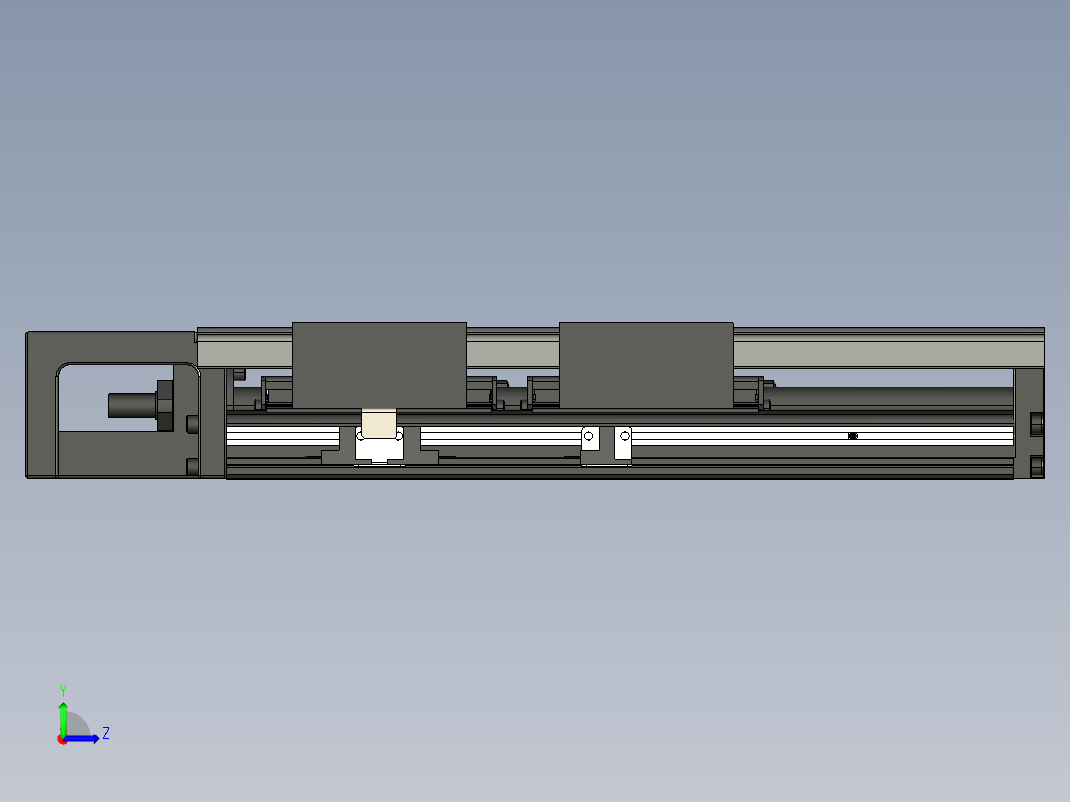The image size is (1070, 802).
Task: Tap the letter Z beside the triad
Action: (105, 734)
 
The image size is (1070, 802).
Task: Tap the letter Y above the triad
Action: (63, 689)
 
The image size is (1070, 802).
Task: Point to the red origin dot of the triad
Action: (63, 739)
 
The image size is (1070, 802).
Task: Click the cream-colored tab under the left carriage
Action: (378, 423)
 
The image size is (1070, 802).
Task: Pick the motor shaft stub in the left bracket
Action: (129, 405)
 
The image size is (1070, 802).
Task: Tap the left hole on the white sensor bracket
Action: (589, 436)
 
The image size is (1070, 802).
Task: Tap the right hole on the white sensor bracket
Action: (624, 436)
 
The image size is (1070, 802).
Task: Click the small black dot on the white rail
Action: (853, 435)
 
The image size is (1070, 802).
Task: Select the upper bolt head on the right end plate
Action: (1038, 424)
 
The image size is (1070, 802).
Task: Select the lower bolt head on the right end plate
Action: (1038, 466)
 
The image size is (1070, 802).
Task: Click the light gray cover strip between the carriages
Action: (511, 351)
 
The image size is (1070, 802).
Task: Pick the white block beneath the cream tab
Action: (379, 450)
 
